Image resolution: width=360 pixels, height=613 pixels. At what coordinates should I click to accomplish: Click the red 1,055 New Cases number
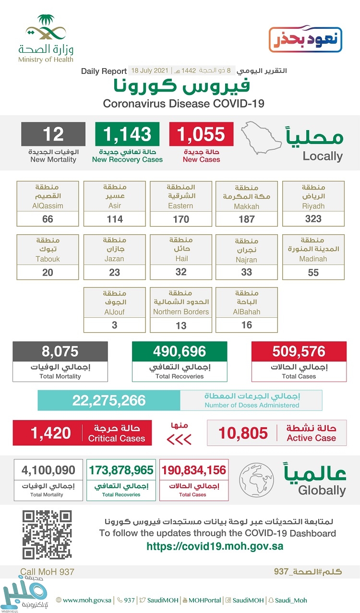pyautogui.click(x=201, y=134)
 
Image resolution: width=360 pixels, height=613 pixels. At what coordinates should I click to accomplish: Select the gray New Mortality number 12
pyautogui.click(x=53, y=134)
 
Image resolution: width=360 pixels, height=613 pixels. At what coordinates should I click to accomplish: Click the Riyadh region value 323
pyautogui.click(x=313, y=219)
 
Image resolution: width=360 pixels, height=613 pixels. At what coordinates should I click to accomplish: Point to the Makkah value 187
pyautogui.click(x=246, y=219)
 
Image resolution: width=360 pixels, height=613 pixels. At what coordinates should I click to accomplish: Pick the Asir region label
pyautogui.click(x=114, y=205)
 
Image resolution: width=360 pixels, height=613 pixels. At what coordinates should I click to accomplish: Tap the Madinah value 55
pyautogui.click(x=313, y=272)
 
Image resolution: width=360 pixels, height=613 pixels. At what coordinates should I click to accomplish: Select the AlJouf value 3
pyautogui.click(x=114, y=325)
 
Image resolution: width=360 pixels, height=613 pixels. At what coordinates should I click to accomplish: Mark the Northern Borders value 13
pyautogui.click(x=180, y=325)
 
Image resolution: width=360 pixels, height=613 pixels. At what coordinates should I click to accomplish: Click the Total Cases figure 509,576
pyautogui.click(x=299, y=351)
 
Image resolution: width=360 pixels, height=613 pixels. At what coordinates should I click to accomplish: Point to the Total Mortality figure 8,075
pyautogui.click(x=60, y=351)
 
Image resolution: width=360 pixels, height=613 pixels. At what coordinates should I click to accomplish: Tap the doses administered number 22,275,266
pyautogui.click(x=109, y=400)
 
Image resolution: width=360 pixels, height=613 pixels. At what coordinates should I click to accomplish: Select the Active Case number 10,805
pyautogui.click(x=243, y=433)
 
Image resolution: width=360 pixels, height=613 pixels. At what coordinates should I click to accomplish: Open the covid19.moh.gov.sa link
pyautogui.click(x=215, y=546)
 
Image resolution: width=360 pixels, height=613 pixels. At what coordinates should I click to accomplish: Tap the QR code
pyautogui.click(x=47, y=534)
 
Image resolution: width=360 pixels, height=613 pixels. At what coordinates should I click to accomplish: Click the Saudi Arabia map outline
pyautogui.click(x=262, y=137)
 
